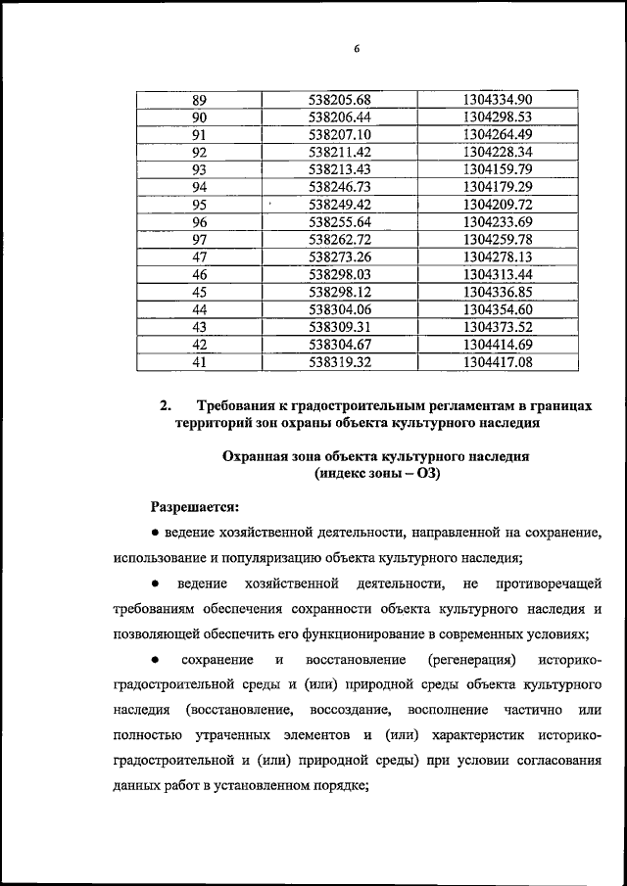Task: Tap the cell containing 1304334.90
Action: tap(497, 100)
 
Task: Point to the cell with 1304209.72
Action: tap(497, 205)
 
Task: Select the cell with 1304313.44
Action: tap(497, 275)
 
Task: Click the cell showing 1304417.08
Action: tap(497, 362)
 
